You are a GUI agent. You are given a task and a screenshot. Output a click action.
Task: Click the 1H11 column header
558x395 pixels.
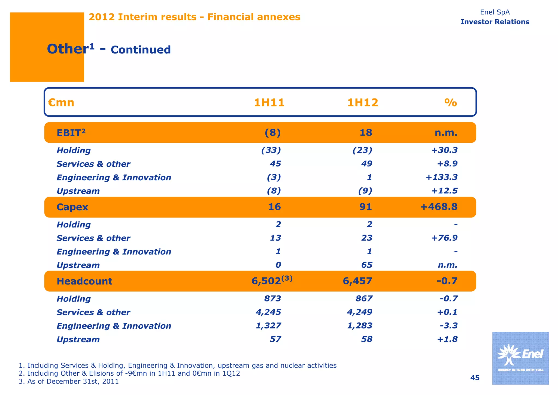pos(269,103)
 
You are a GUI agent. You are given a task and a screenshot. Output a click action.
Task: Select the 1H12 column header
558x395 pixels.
pos(363,103)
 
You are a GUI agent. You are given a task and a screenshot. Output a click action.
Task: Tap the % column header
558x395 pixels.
pos(451,103)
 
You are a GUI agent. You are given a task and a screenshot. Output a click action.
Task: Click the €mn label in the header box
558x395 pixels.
pos(61,103)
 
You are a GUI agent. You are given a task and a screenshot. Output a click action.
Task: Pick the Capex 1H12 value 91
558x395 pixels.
pos(365,207)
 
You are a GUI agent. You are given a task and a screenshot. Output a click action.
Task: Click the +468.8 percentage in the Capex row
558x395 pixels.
pos(439,207)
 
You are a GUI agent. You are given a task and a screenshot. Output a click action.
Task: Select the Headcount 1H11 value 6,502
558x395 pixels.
pos(266,281)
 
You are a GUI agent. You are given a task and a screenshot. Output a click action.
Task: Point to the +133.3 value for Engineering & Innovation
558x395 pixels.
pos(441,177)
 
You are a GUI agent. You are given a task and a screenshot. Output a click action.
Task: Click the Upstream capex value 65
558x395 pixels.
pos(367,265)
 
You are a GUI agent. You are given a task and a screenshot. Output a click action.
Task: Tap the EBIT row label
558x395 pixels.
pos(71,133)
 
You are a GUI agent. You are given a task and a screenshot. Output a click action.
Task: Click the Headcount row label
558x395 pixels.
pos(84,281)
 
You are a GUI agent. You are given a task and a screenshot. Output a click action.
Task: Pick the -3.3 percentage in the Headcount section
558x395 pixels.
pos(448,326)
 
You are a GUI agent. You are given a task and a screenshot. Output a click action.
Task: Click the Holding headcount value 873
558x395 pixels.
pos(273,299)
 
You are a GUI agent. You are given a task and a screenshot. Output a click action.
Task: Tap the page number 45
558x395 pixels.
pos(475,378)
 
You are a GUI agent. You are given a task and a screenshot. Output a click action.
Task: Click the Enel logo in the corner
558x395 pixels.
pos(520,358)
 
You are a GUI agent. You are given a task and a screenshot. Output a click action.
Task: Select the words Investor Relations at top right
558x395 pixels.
pos(495,22)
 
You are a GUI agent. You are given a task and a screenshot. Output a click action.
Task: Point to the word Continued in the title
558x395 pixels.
pos(141,50)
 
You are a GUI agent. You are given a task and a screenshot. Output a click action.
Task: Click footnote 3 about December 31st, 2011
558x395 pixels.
pos(69,381)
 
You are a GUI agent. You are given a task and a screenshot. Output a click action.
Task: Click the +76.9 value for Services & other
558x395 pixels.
pos(444,238)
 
